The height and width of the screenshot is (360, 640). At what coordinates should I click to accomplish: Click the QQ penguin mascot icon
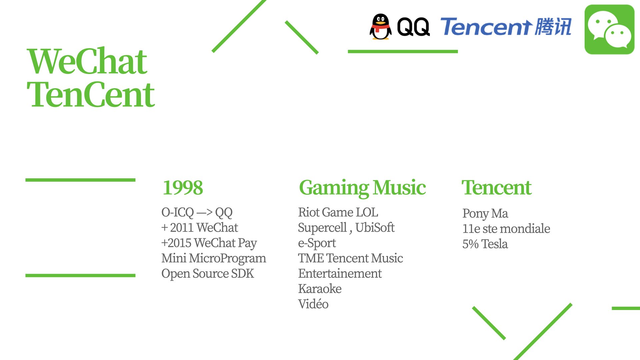tap(381, 27)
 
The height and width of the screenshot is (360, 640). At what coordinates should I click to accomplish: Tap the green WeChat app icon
tap(609, 29)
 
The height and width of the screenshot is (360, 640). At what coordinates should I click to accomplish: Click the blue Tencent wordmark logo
tap(506, 26)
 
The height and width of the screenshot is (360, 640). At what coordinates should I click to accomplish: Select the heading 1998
tap(183, 188)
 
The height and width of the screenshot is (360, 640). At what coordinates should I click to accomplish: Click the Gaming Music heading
tap(362, 188)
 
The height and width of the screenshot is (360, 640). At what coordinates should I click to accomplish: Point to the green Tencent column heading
tap(496, 187)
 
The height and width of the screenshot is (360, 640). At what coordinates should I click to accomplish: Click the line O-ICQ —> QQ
tap(197, 212)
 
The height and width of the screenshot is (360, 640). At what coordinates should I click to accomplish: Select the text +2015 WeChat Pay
tap(209, 243)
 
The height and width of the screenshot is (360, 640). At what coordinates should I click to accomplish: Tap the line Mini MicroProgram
tap(214, 258)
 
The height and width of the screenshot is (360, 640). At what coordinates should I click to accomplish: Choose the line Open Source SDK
tap(208, 274)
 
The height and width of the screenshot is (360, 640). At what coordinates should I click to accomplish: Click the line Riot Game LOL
tap(338, 212)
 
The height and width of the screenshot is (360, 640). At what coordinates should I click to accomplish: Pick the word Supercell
tap(322, 228)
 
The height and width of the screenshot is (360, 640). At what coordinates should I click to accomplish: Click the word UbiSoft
tap(375, 228)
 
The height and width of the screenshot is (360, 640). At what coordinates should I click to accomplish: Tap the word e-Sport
tap(317, 243)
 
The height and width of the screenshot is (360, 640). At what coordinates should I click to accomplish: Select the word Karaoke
tap(320, 289)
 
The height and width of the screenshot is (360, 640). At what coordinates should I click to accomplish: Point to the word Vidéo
tap(313, 304)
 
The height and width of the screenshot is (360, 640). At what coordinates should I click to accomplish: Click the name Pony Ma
tap(485, 214)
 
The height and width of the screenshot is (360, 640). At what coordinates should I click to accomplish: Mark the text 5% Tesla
tap(485, 244)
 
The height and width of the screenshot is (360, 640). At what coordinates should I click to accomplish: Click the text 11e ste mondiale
tap(506, 229)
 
